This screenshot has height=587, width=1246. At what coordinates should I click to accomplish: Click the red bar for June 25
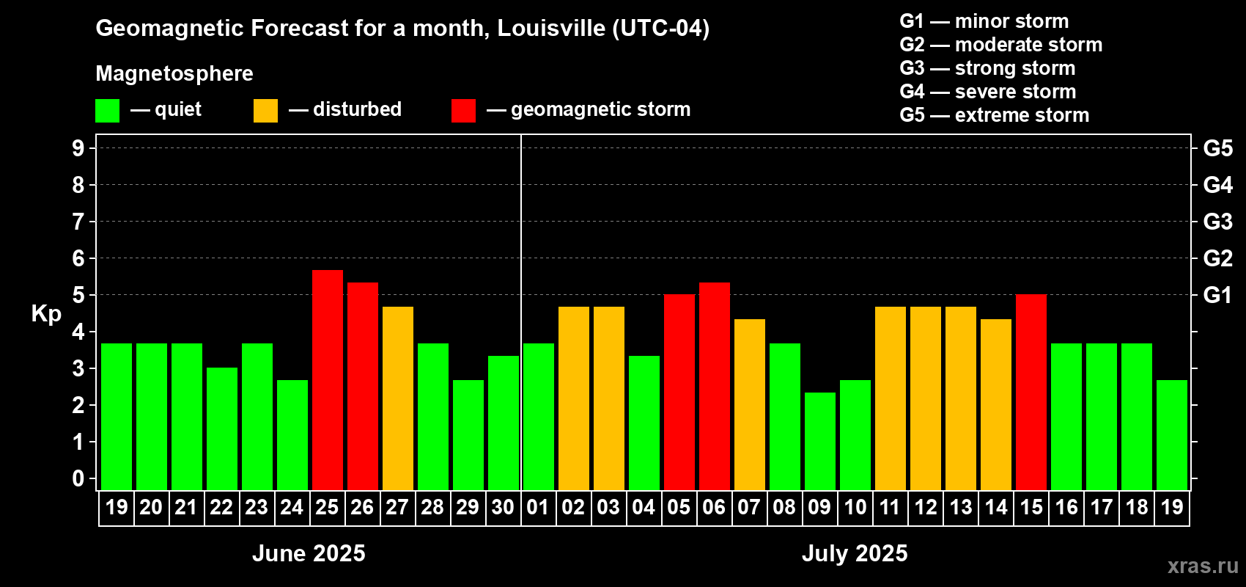point(328,380)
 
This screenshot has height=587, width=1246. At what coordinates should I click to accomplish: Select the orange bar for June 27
point(398,398)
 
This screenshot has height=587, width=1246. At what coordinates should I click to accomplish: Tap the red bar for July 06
point(715,386)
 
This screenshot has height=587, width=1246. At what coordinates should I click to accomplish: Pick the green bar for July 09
point(820,441)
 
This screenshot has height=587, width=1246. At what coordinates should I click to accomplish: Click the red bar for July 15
point(1031,392)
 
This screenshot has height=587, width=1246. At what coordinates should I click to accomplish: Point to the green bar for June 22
point(222,429)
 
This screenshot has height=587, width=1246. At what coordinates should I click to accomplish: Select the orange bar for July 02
point(574,398)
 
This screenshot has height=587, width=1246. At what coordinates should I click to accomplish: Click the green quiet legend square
point(108,111)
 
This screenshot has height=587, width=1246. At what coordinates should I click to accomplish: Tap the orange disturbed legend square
point(265,111)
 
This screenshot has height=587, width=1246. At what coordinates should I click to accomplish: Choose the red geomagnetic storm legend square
point(463,111)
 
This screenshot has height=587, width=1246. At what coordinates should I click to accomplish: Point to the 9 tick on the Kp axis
point(78,148)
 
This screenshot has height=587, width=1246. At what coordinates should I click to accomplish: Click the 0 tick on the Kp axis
point(78,479)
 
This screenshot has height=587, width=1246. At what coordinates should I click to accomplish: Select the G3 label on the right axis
point(1217,222)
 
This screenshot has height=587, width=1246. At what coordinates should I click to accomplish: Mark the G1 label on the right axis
point(1217,295)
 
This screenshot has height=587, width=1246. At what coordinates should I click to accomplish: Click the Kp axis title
point(46,314)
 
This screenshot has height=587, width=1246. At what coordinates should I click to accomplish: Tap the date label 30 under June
point(503,508)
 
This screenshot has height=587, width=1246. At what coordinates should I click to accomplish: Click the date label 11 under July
point(890,508)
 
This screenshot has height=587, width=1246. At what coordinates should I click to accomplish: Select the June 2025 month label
point(309,553)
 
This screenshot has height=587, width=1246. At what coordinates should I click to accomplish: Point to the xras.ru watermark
point(1203,566)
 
